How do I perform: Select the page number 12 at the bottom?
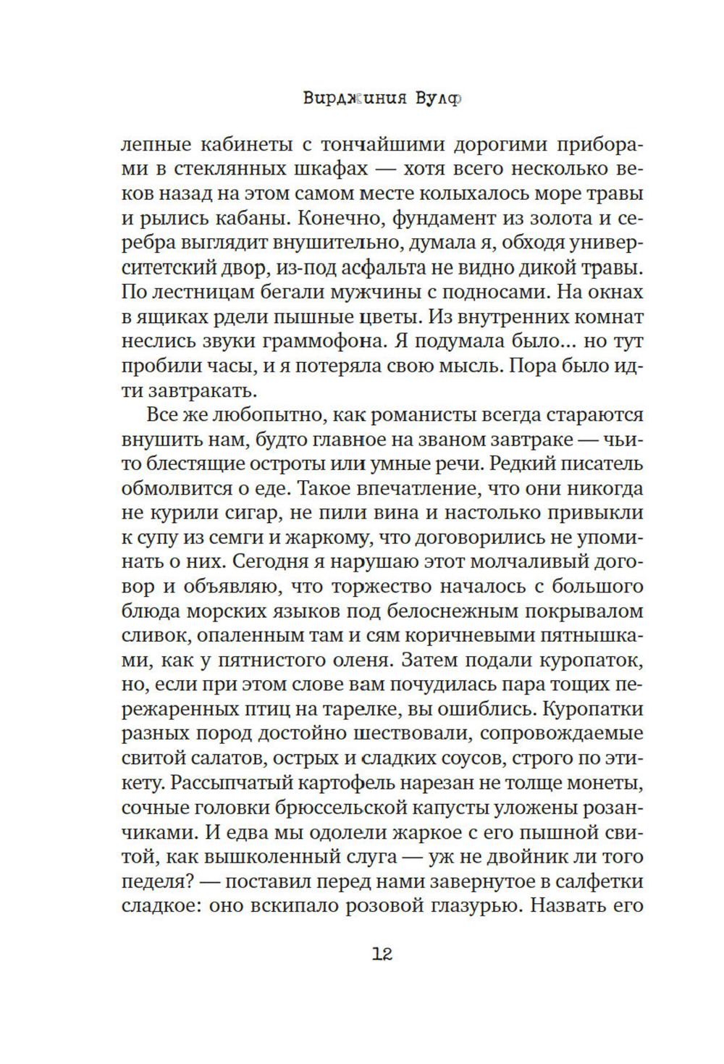coord(382,954)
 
